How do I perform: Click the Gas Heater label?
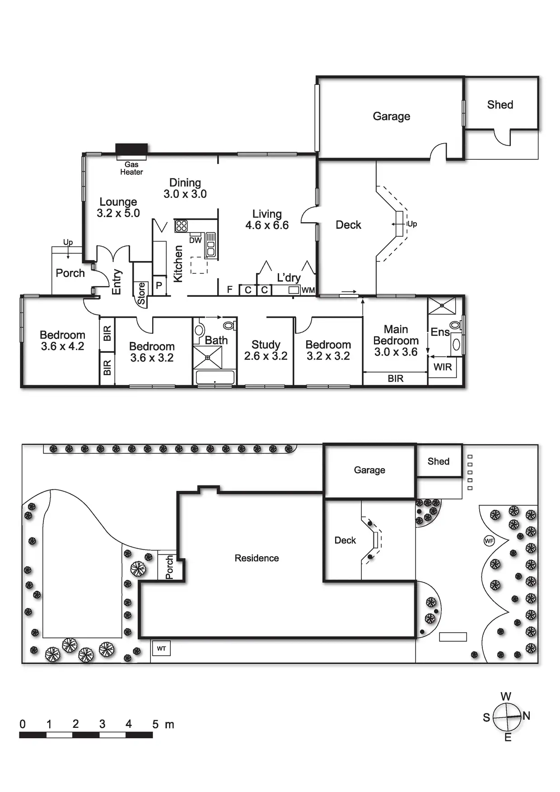click(x=131, y=168)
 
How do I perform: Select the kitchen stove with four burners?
click(x=182, y=226)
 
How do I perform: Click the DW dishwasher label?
click(x=195, y=241)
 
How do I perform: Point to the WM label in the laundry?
click(x=308, y=290)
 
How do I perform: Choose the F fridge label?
click(x=230, y=290)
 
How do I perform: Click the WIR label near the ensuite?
click(x=443, y=367)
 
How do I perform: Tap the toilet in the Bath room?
click(x=229, y=325)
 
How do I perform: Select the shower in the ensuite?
click(x=442, y=306)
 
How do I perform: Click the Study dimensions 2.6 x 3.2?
click(x=266, y=356)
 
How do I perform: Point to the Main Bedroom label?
click(x=396, y=335)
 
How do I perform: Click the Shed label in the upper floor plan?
click(x=500, y=105)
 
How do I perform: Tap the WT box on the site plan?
click(x=161, y=649)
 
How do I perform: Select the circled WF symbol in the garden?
click(x=489, y=540)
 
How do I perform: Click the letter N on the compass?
click(x=526, y=716)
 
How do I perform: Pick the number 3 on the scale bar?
click(x=102, y=724)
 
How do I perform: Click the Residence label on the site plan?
click(x=257, y=558)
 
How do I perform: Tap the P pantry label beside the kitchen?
click(x=159, y=285)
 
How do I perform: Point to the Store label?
click(x=141, y=294)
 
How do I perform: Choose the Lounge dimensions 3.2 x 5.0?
click(x=118, y=213)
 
